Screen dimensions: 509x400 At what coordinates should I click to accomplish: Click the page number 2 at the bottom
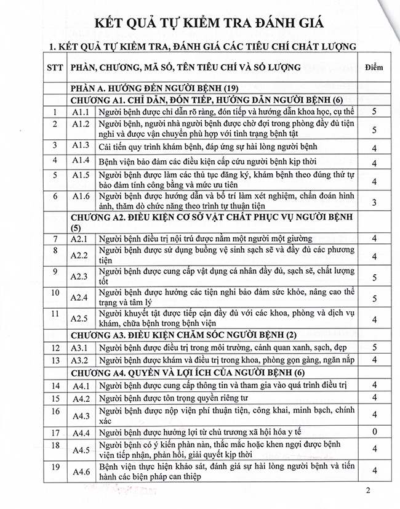[x=367, y=491]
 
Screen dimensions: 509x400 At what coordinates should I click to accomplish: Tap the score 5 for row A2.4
[x=374, y=298]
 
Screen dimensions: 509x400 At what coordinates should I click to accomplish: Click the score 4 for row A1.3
[x=374, y=148]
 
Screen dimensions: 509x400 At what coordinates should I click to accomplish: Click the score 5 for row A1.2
[x=374, y=130]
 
